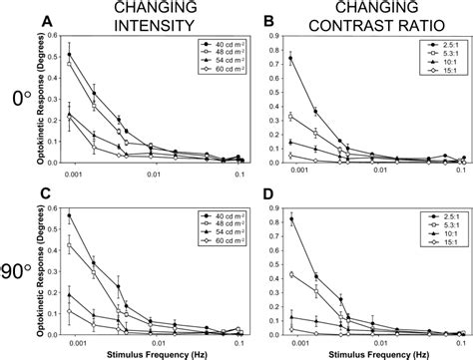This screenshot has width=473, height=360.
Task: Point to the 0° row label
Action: coord(18,100)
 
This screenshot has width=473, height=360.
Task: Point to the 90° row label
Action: coord(18,267)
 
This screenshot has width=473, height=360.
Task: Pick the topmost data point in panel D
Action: coord(291,219)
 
